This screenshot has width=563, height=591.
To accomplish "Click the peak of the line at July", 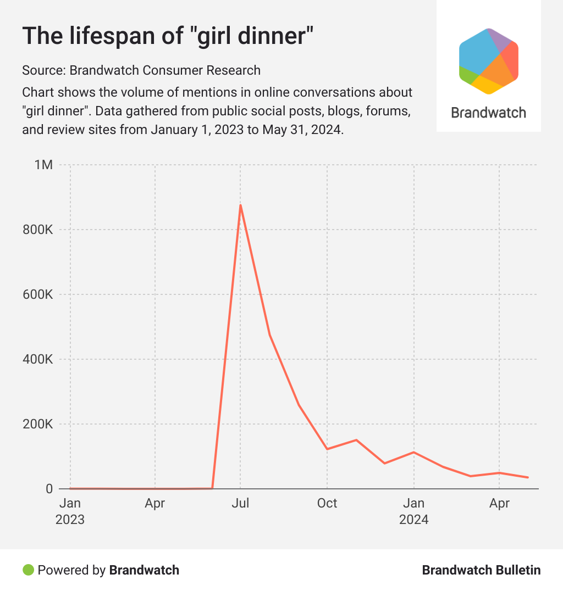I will (x=240, y=205).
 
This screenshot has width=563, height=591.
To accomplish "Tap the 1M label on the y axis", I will (x=43, y=165).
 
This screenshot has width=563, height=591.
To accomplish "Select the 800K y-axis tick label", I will (x=37, y=230).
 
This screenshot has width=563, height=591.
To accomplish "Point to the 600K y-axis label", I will (x=37, y=294).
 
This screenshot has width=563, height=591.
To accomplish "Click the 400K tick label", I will (x=37, y=359).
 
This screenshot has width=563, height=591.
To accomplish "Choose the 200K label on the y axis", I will (x=37, y=424).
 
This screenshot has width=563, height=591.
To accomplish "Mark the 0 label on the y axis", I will (x=48, y=489).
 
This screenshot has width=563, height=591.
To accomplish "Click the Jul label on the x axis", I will (x=240, y=503).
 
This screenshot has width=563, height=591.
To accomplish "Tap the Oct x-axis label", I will (x=327, y=503).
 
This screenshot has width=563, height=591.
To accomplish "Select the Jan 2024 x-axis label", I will (x=413, y=511).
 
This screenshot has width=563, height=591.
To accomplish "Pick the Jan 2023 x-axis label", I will (x=70, y=511).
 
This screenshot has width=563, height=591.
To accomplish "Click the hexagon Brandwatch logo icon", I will (x=488, y=61).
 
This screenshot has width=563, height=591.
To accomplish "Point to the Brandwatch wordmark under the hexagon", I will (x=488, y=113).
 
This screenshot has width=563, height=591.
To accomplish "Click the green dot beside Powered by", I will (x=28, y=570).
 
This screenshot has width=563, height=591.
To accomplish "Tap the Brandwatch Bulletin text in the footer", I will (x=481, y=570).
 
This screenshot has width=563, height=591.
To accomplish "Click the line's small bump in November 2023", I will (x=356, y=440).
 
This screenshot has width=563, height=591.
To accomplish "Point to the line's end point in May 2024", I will (x=528, y=477).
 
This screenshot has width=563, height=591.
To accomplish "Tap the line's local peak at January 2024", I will (x=413, y=452).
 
